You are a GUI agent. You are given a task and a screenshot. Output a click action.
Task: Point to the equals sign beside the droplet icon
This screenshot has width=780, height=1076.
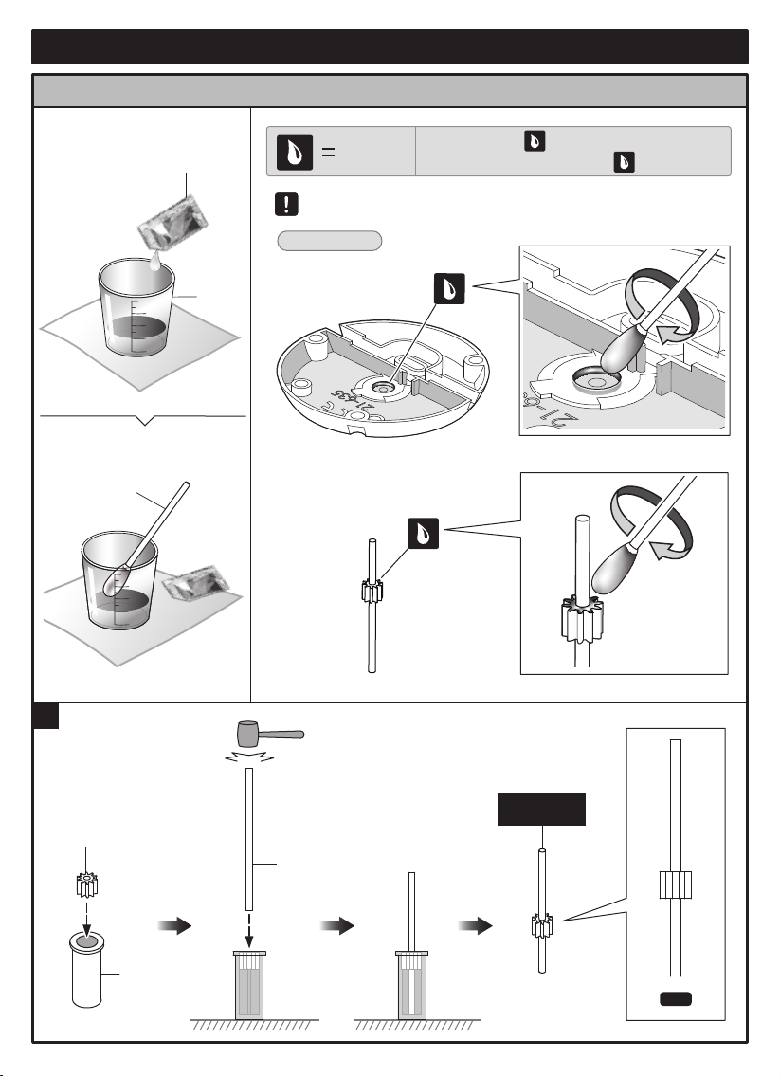324,153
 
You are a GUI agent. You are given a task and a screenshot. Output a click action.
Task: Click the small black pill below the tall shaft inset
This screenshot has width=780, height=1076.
675,998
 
